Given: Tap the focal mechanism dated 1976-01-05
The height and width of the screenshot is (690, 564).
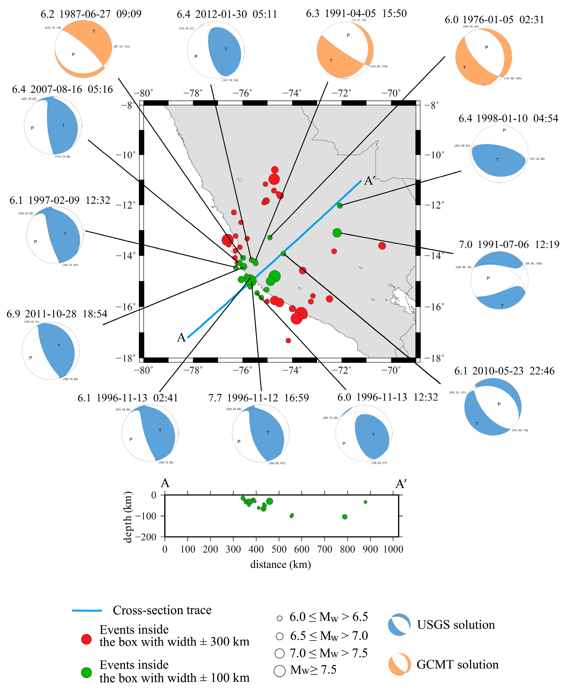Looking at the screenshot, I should point(484,57).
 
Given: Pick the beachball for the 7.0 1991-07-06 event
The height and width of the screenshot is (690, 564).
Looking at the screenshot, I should point(499,280).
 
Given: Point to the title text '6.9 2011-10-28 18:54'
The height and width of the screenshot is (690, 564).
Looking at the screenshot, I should point(57,314).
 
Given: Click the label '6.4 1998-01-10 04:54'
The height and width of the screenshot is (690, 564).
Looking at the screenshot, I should point(508,119).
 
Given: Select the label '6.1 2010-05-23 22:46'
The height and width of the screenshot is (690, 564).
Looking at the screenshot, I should point(504,371).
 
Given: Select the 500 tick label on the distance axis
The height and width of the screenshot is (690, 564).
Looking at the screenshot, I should point(279,549).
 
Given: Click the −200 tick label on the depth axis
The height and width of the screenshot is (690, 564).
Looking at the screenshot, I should point(146,537).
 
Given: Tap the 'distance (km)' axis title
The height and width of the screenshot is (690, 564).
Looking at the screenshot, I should point(280,565).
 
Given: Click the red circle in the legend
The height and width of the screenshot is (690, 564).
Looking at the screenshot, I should point(86,639).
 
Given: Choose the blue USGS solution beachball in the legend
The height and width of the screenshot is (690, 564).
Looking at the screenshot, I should point(399,624).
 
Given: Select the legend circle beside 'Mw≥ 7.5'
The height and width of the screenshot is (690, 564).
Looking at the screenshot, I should point(279,670).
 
